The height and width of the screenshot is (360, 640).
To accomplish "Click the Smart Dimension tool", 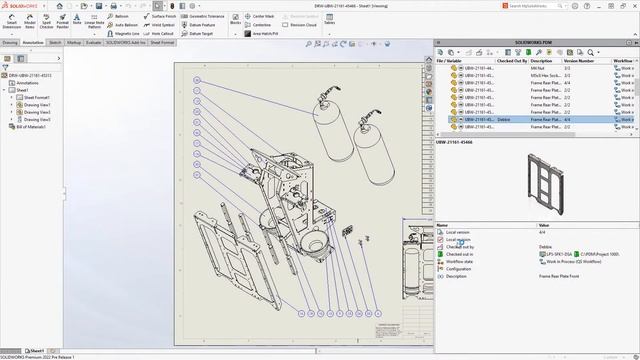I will coord(11,21).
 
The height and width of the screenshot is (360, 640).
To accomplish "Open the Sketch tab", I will coord(55,43).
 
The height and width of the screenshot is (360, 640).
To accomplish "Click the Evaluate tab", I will coord(93,43).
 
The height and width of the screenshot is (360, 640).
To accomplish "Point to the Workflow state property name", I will coord(461,261).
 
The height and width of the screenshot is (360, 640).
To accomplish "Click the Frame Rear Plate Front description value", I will coord(562,276).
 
